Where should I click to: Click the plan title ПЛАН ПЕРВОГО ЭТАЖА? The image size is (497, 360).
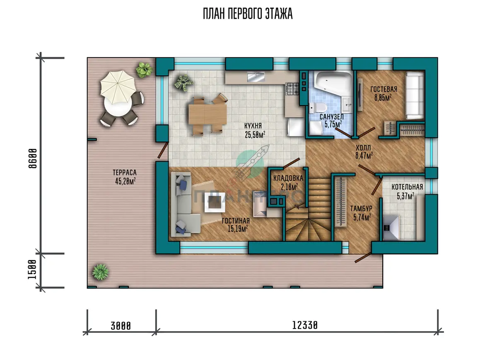(x=248, y=14)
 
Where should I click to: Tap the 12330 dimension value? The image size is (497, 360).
(x=305, y=325)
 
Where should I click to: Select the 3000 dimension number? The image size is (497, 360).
(x=121, y=326)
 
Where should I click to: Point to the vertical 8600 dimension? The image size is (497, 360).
(x=33, y=158)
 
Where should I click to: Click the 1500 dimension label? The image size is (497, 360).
(x=32, y=269)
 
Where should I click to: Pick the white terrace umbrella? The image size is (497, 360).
(x=118, y=87)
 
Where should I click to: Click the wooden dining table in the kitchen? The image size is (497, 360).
(x=207, y=114)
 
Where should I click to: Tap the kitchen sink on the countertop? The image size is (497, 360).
(x=256, y=77)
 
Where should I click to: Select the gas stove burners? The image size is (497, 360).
(x=292, y=89)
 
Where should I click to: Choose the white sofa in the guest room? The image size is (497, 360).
(x=415, y=96)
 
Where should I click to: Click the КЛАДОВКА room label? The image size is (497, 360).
(x=288, y=178)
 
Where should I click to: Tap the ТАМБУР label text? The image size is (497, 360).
(x=361, y=209)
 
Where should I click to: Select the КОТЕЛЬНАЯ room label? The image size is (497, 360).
(x=407, y=187)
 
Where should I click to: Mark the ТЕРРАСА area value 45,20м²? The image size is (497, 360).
(x=125, y=181)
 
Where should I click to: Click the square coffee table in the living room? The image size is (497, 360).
(x=215, y=202)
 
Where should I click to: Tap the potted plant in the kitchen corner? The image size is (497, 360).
(x=183, y=83)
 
